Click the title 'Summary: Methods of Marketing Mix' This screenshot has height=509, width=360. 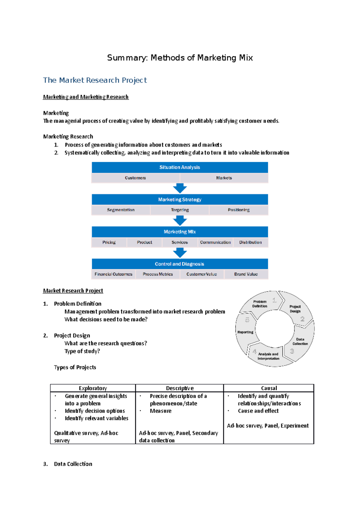pyautogui.click(x=180, y=58)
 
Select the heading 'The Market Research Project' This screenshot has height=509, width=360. pyautogui.click(x=95, y=80)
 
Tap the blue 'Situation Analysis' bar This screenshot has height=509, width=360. pyautogui.click(x=180, y=167)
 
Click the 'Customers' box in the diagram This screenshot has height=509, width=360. pyautogui.click(x=135, y=178)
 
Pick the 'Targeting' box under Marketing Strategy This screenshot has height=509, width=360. pyautogui.click(x=180, y=210)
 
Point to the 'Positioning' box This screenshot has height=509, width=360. pyautogui.click(x=238, y=210)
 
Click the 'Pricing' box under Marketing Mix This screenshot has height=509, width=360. pyautogui.click(x=109, y=242)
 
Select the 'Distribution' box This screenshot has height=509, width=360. pyautogui.click(x=250, y=242)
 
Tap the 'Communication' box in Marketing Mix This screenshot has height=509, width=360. pyautogui.click(x=215, y=242)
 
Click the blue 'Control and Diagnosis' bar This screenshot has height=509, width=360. pyautogui.click(x=180, y=264)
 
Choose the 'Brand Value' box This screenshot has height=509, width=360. pyautogui.click(x=246, y=274)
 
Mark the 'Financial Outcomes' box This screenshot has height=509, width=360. pyautogui.click(x=113, y=274)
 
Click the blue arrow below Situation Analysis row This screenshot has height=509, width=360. pyautogui.click(x=180, y=189)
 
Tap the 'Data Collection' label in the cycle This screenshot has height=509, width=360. pyautogui.click(x=300, y=341)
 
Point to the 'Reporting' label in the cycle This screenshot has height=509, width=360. pyautogui.click(x=245, y=332)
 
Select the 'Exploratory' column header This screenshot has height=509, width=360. pyautogui.click(x=93, y=388)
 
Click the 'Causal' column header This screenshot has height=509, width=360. pyautogui.click(x=269, y=388)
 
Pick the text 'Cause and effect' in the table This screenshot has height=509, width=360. pyautogui.click(x=258, y=411)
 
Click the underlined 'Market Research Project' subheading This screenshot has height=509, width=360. pyautogui.click(x=73, y=290)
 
